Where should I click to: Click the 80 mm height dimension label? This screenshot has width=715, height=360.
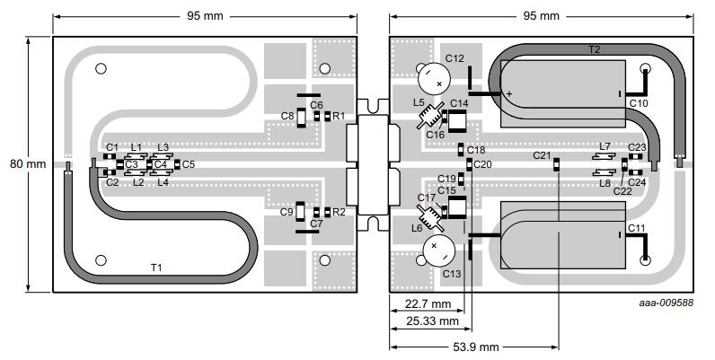17,164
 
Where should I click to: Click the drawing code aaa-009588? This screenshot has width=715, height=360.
666,303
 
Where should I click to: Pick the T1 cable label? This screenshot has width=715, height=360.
156,268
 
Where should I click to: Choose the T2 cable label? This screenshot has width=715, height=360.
594,49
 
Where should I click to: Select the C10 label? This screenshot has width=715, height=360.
638,103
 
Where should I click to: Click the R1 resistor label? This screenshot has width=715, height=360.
339,116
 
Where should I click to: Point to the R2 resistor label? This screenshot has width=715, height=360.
339,212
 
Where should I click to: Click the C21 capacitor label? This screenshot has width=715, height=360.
542,155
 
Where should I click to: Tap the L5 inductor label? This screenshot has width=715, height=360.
419,102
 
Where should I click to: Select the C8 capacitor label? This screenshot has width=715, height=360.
287,116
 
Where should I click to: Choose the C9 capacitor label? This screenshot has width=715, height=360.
287,212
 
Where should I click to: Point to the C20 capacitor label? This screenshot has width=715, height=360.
483,164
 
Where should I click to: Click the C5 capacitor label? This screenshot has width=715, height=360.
188,164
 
